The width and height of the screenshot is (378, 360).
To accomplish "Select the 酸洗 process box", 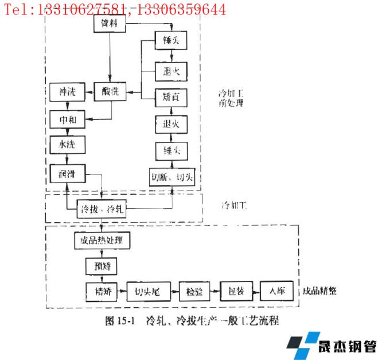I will click(x=110, y=92).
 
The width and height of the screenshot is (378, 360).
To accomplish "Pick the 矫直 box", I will click(x=172, y=97).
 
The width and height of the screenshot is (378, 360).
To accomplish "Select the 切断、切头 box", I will click(x=172, y=176).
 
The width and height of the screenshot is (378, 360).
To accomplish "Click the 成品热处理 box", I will click(x=102, y=240).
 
